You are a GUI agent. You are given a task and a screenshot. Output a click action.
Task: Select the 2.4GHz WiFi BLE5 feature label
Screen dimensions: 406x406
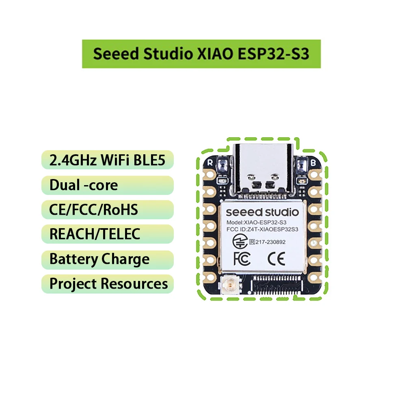pos(107,160)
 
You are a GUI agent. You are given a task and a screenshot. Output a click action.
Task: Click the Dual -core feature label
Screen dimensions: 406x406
pos(84,185)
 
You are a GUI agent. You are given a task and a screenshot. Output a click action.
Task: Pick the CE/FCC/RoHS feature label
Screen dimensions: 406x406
pos(93,210)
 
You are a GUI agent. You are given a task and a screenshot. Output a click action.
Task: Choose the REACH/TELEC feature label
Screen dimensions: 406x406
pos(95,234)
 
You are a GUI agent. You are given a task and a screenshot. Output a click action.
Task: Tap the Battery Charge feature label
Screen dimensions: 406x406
pos(99,259)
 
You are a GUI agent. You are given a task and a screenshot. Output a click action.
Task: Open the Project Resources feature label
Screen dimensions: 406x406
pos(108,284)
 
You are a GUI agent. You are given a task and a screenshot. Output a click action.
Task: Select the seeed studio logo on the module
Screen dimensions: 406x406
pos(262,212)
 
